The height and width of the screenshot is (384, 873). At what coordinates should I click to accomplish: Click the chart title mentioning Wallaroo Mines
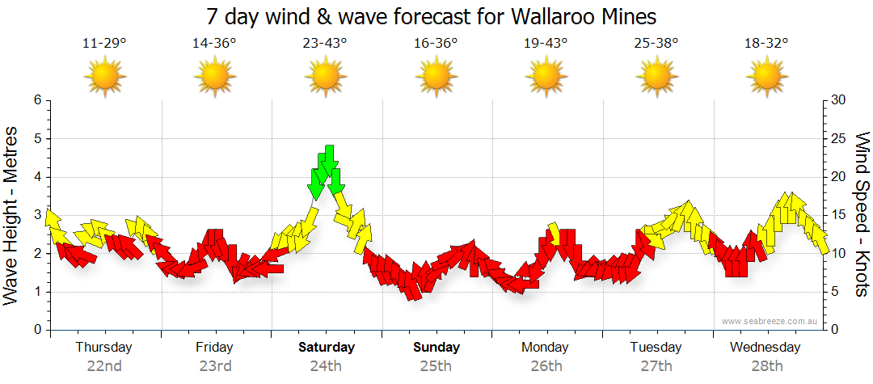(x=431, y=16)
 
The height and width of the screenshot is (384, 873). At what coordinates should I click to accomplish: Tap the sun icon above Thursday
(x=104, y=78)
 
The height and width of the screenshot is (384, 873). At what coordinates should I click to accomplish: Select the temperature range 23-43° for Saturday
(x=325, y=44)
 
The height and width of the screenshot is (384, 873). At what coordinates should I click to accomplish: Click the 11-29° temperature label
(x=104, y=44)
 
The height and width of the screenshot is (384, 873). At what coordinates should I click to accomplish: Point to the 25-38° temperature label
(x=656, y=44)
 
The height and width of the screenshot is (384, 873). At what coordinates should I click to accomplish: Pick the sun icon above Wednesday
(x=765, y=78)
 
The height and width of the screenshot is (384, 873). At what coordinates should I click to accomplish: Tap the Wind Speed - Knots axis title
(x=862, y=214)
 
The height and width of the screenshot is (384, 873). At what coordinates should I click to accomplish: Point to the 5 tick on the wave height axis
(x=36, y=139)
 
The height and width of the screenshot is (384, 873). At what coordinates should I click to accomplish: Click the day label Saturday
(x=326, y=348)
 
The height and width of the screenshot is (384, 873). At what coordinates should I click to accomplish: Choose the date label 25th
(x=436, y=365)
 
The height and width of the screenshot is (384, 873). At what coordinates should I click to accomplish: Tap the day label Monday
(x=545, y=348)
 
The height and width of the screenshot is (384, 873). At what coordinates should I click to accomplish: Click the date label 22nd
(x=104, y=365)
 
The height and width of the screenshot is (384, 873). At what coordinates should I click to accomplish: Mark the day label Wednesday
(x=765, y=348)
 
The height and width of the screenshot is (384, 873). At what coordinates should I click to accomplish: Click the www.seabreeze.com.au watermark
(x=770, y=321)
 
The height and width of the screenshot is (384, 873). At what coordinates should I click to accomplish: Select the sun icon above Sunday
(x=436, y=78)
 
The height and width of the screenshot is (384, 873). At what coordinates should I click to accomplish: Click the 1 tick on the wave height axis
(x=36, y=293)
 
